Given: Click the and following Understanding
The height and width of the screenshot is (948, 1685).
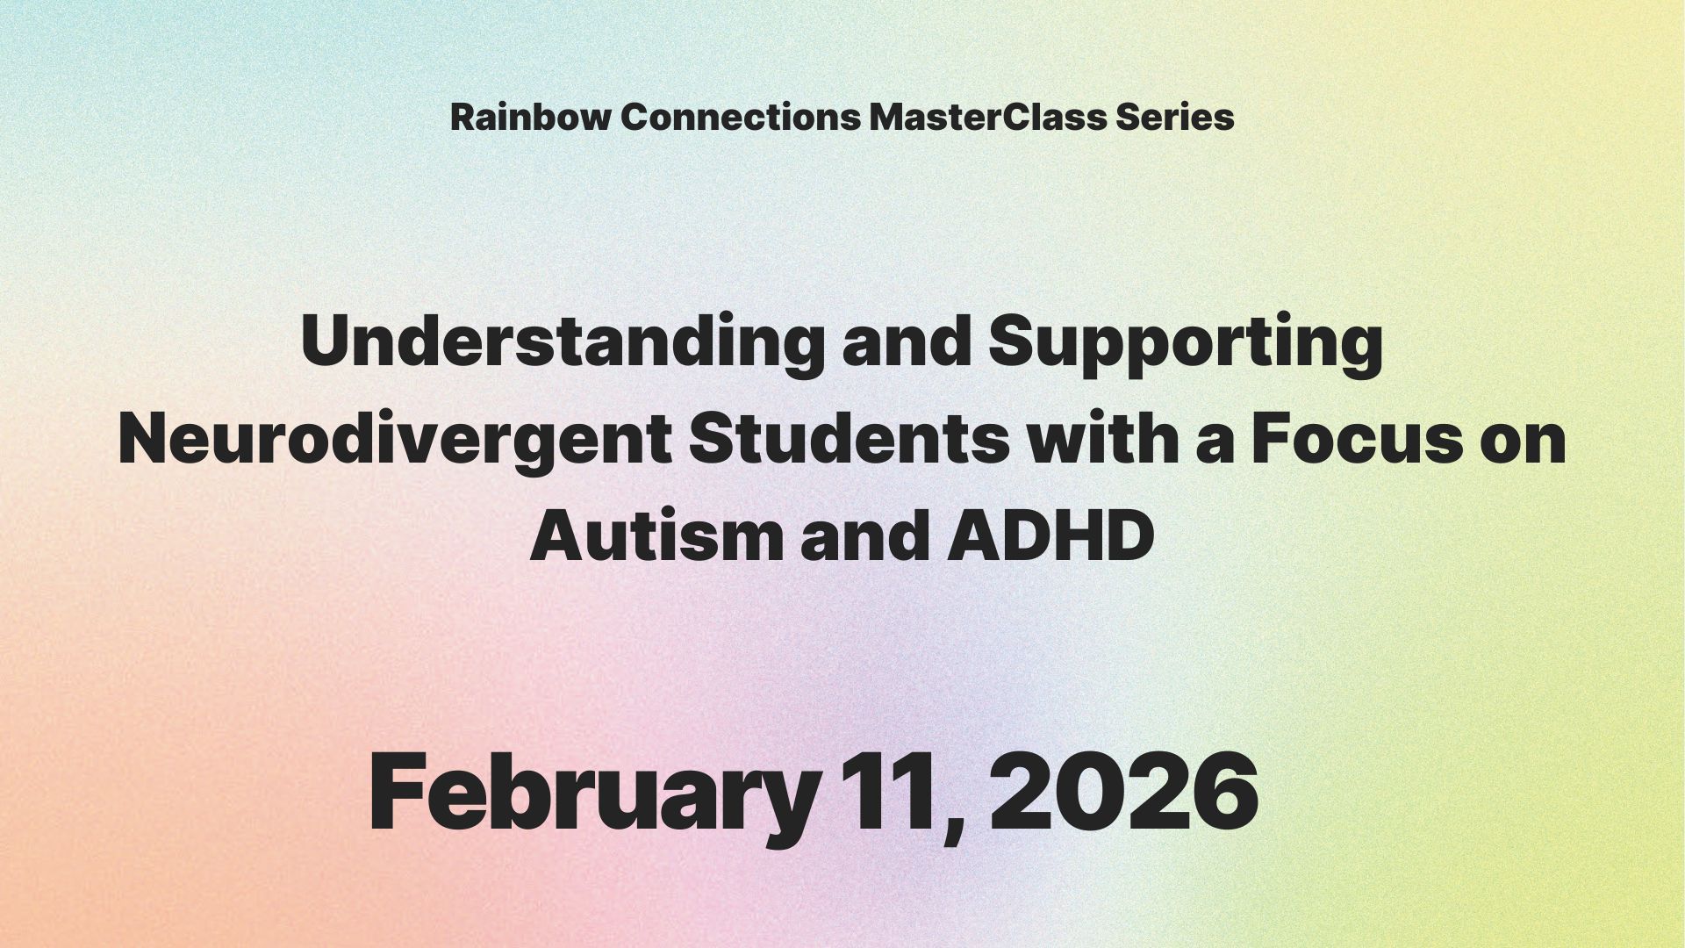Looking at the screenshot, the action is [x=906, y=343].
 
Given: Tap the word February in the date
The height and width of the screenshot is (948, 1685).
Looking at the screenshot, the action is [x=593, y=794].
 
